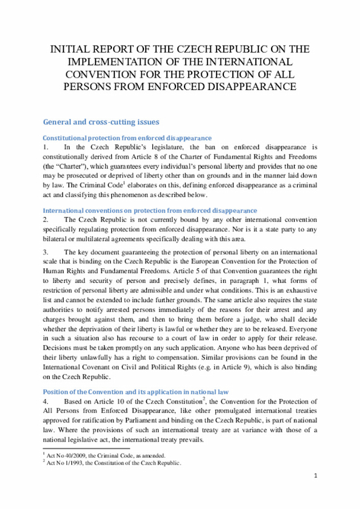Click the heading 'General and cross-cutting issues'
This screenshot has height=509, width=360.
[101, 121]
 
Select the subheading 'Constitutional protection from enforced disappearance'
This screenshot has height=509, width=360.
[127, 138]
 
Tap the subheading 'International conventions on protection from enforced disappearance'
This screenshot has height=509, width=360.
[150, 210]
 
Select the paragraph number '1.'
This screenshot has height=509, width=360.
[46, 147]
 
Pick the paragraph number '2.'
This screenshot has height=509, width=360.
[46, 219]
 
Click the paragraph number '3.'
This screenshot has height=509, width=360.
[46, 252]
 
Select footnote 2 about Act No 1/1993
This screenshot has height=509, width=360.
[112, 463]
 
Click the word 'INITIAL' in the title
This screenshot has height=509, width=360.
[69, 49]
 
